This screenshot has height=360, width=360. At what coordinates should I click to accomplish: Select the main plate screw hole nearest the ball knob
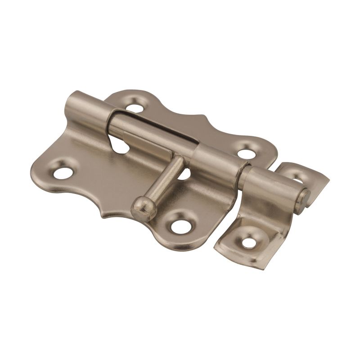coord(183,224)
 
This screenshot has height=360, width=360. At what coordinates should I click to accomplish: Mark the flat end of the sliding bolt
coord(306,195)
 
